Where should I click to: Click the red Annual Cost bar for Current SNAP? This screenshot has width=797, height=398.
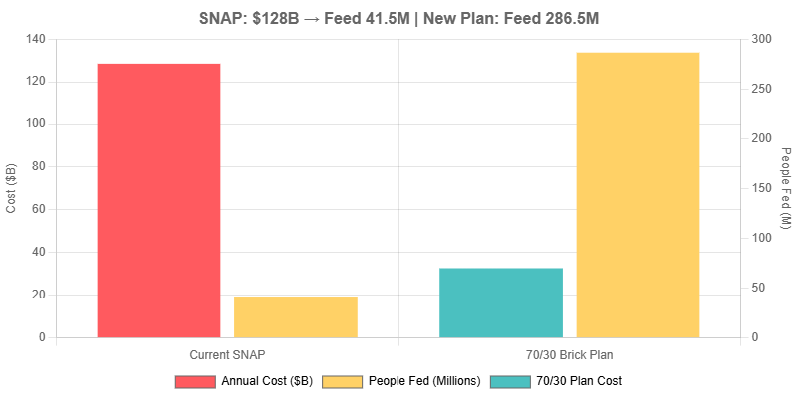pyautogui.click(x=158, y=200)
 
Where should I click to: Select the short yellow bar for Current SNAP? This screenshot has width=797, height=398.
pyautogui.click(x=296, y=316)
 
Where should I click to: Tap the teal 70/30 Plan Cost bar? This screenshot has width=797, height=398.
pyautogui.click(x=501, y=302)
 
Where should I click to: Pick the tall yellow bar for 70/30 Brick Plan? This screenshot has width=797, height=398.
pyautogui.click(x=638, y=194)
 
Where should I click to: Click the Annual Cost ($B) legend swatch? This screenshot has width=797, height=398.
pyautogui.click(x=195, y=381)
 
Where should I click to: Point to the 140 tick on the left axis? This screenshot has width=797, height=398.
pyautogui.click(x=36, y=39)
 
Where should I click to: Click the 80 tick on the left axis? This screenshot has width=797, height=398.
pyautogui.click(x=39, y=167)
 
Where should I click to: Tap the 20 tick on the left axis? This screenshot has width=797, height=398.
pyautogui.click(x=39, y=295)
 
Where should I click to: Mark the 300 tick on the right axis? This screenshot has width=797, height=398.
pyautogui.click(x=762, y=39)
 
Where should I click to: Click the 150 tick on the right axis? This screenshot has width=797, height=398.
pyautogui.click(x=762, y=188)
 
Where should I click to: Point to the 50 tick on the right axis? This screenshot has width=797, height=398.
pyautogui.click(x=759, y=288)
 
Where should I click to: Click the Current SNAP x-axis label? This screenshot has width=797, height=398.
pyautogui.click(x=227, y=354)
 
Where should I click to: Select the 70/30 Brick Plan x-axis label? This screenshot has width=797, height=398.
pyautogui.click(x=569, y=354)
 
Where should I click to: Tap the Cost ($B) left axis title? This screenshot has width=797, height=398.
pyautogui.click(x=12, y=188)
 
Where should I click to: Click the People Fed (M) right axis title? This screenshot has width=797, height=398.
pyautogui.click(x=785, y=188)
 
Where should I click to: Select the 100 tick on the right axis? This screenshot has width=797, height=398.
pyautogui.click(x=762, y=238)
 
